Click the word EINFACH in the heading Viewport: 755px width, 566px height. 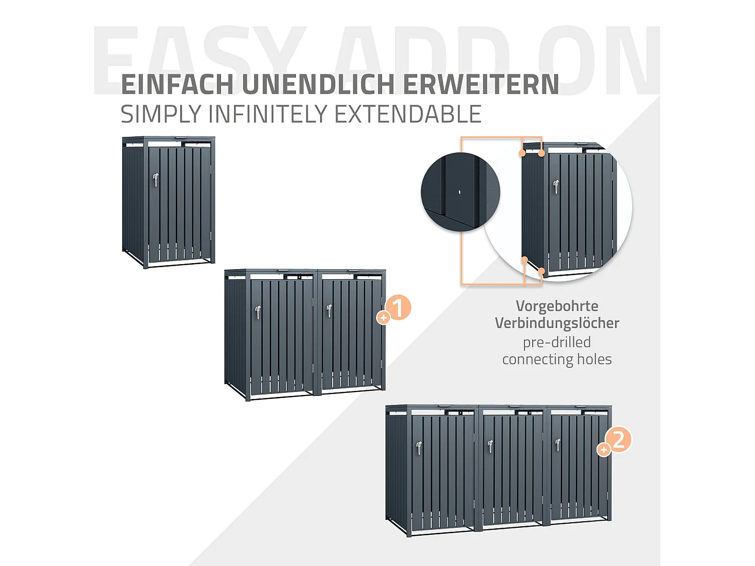(x=177, y=85)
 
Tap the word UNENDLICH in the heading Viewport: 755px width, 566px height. (x=318, y=85)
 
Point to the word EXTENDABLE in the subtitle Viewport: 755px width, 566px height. (x=408, y=114)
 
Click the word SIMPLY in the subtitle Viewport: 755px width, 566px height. (x=161, y=114)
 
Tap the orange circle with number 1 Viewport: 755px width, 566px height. (x=398, y=307)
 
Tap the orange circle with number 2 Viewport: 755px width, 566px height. (x=619, y=439)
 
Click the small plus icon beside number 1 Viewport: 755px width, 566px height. (x=384, y=317)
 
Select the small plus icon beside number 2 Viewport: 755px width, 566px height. (x=603, y=449)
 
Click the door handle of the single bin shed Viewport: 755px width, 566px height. (x=156, y=180)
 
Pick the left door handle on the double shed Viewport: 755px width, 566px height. (x=258, y=312)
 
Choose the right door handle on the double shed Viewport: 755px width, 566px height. (x=329, y=310)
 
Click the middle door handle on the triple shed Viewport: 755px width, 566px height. (x=490, y=446)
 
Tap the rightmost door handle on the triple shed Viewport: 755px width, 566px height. (x=558, y=445)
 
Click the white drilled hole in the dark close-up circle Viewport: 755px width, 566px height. (x=460, y=192)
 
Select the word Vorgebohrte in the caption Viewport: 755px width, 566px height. (x=557, y=306)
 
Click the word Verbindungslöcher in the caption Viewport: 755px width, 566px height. (x=557, y=323)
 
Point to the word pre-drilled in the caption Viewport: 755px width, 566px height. (x=557, y=342)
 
